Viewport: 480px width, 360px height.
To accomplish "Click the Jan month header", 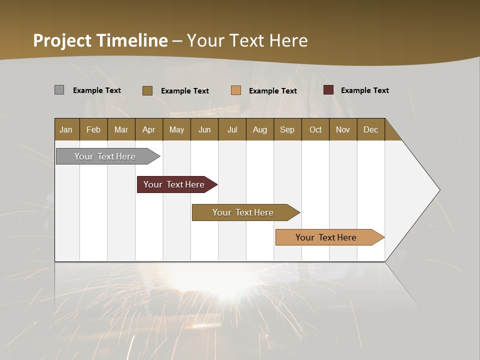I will click(x=66, y=129).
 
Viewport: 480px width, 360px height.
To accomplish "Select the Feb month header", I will click(x=93, y=129).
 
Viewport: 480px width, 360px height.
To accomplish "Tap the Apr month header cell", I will click(x=148, y=129).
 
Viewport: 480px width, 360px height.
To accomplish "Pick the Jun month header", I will click(x=204, y=129).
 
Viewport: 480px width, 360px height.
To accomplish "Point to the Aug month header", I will click(x=259, y=129).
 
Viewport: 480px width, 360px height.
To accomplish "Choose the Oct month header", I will click(x=315, y=129).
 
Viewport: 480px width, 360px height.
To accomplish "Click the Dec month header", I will click(x=370, y=129).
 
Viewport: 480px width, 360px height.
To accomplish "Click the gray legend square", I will click(x=59, y=90).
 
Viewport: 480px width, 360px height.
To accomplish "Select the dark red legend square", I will click(x=328, y=90).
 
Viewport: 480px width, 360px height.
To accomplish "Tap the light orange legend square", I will click(x=236, y=90).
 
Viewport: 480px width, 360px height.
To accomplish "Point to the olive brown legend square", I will click(x=147, y=90).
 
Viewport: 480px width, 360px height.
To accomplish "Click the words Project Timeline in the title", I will click(x=100, y=40).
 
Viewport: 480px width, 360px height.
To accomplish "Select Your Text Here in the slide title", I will click(x=247, y=40).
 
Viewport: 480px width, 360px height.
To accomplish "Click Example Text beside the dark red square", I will click(x=364, y=90).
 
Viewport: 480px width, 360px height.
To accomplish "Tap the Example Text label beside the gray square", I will click(x=97, y=90).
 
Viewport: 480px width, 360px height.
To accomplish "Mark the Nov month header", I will click(x=343, y=129).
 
